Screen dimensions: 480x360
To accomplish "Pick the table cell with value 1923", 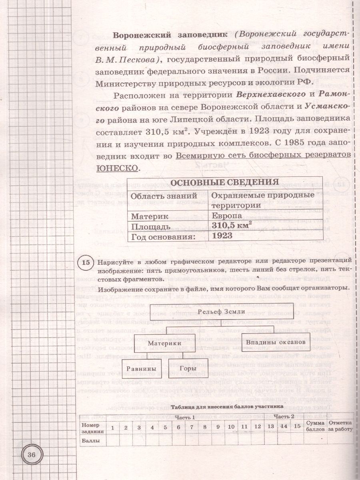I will pyautogui.click(x=222, y=236).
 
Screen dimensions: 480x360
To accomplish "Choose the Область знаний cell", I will pyautogui.click(x=164, y=196).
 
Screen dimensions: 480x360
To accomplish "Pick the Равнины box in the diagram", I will pyautogui.click(x=139, y=368).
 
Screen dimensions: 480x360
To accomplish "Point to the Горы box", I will pyautogui.click(x=188, y=368).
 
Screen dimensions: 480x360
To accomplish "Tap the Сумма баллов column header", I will pyautogui.click(x=315, y=427).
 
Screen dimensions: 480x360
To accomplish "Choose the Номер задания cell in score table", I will pyautogui.click(x=92, y=427).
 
